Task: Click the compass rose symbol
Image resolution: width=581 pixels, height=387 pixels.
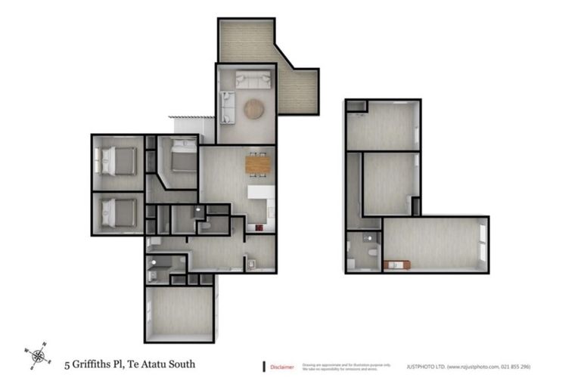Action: (x=37, y=353)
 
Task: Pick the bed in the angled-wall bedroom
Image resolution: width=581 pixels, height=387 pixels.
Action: (x=182, y=157)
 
